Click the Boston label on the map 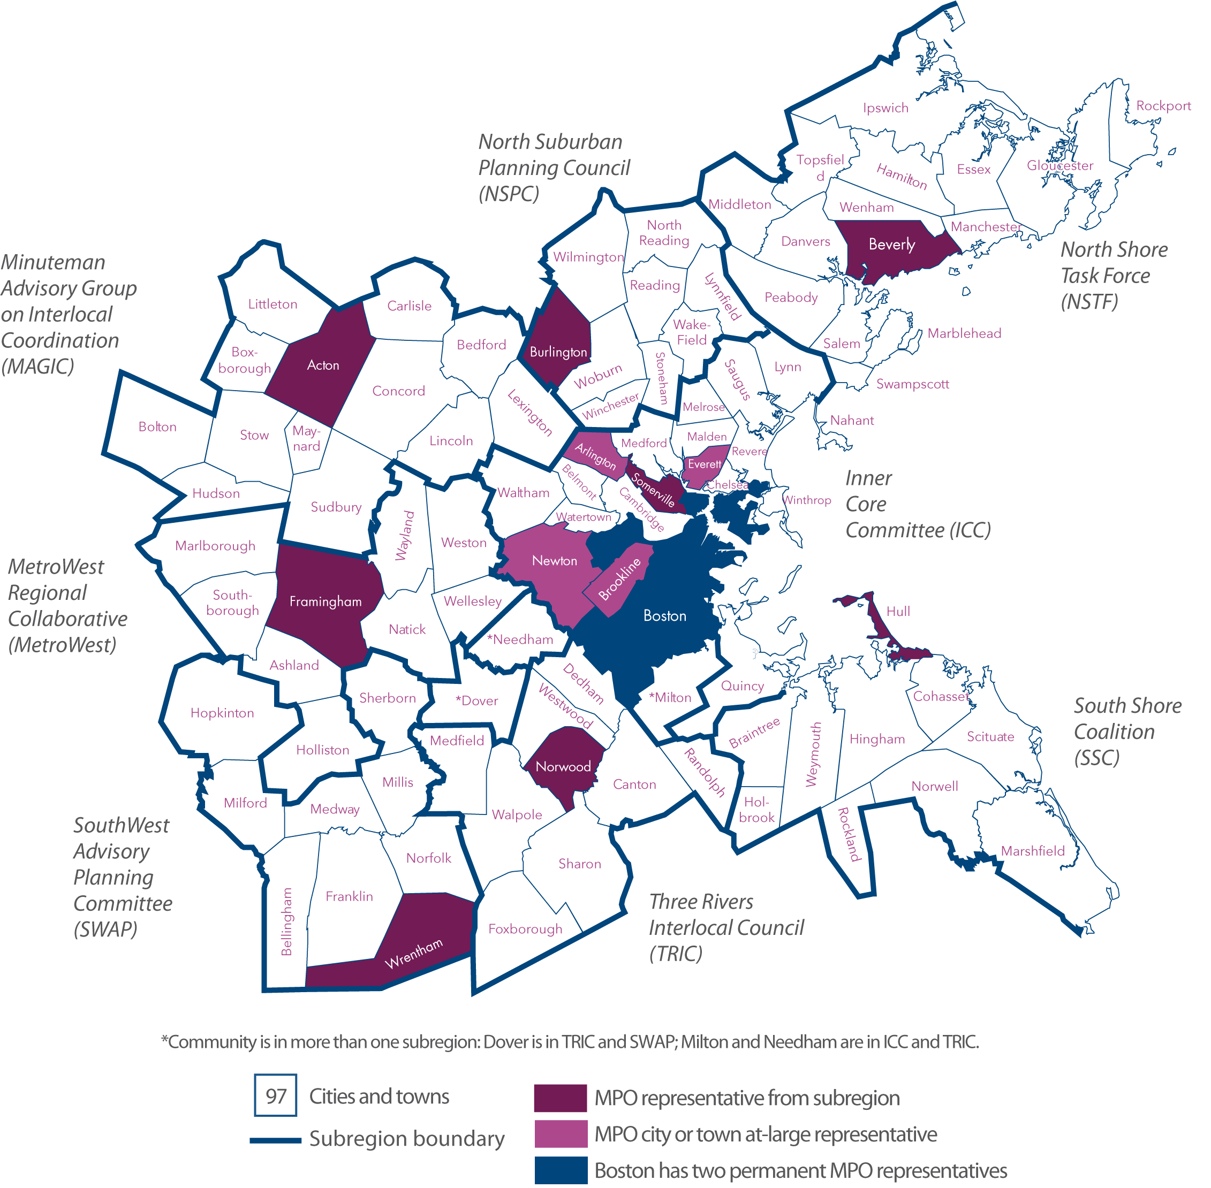click(x=665, y=616)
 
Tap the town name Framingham click(x=325, y=601)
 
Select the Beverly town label click(x=891, y=245)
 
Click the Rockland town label click(x=849, y=834)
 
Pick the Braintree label click(x=754, y=733)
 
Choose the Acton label click(x=323, y=365)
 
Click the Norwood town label click(x=563, y=766)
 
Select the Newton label click(x=554, y=560)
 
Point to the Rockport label click(x=1163, y=105)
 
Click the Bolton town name click(x=157, y=427)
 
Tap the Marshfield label click(x=1033, y=850)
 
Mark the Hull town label click(x=898, y=612)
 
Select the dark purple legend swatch click(x=560, y=1098)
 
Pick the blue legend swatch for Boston click(x=561, y=1170)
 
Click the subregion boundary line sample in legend click(x=275, y=1140)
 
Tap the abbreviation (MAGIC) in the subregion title click(x=37, y=366)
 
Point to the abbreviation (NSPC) click(x=509, y=194)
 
